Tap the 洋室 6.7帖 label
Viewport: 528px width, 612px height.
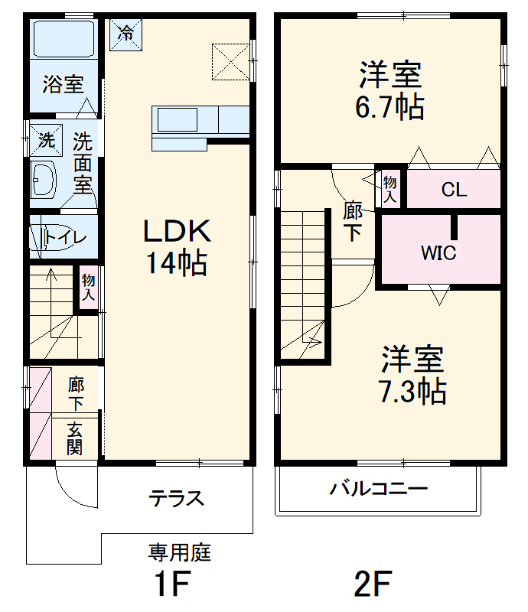click(389, 92)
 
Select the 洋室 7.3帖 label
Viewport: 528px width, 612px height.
click(412, 375)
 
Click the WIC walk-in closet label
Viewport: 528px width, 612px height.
click(438, 252)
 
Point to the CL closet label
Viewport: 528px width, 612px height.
click(454, 190)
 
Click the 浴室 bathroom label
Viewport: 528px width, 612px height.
click(63, 83)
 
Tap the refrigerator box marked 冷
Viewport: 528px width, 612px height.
click(125, 34)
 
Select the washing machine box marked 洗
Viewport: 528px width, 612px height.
click(46, 140)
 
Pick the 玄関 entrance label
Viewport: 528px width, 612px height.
click(74, 439)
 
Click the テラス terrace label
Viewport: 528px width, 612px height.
click(177, 499)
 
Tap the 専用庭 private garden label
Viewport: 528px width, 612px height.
click(179, 552)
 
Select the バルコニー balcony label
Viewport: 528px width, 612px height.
click(379, 489)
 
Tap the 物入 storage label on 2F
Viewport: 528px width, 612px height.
click(390, 187)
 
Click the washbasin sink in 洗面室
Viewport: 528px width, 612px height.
click(43, 181)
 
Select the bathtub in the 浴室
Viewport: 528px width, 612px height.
click(64, 38)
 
